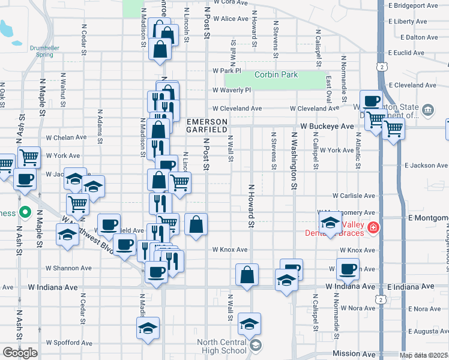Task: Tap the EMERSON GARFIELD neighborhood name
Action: [206, 125]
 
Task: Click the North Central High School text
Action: [221, 346]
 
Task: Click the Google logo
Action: [20, 353]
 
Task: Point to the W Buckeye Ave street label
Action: [327, 127]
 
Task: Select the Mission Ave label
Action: [354, 354]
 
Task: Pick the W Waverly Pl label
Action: [231, 90]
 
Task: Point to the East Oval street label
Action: [329, 88]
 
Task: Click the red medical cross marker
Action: [373, 227]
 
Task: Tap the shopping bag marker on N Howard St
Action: [247, 275]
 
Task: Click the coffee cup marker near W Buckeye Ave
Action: [372, 101]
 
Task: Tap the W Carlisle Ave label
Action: [354, 196]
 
